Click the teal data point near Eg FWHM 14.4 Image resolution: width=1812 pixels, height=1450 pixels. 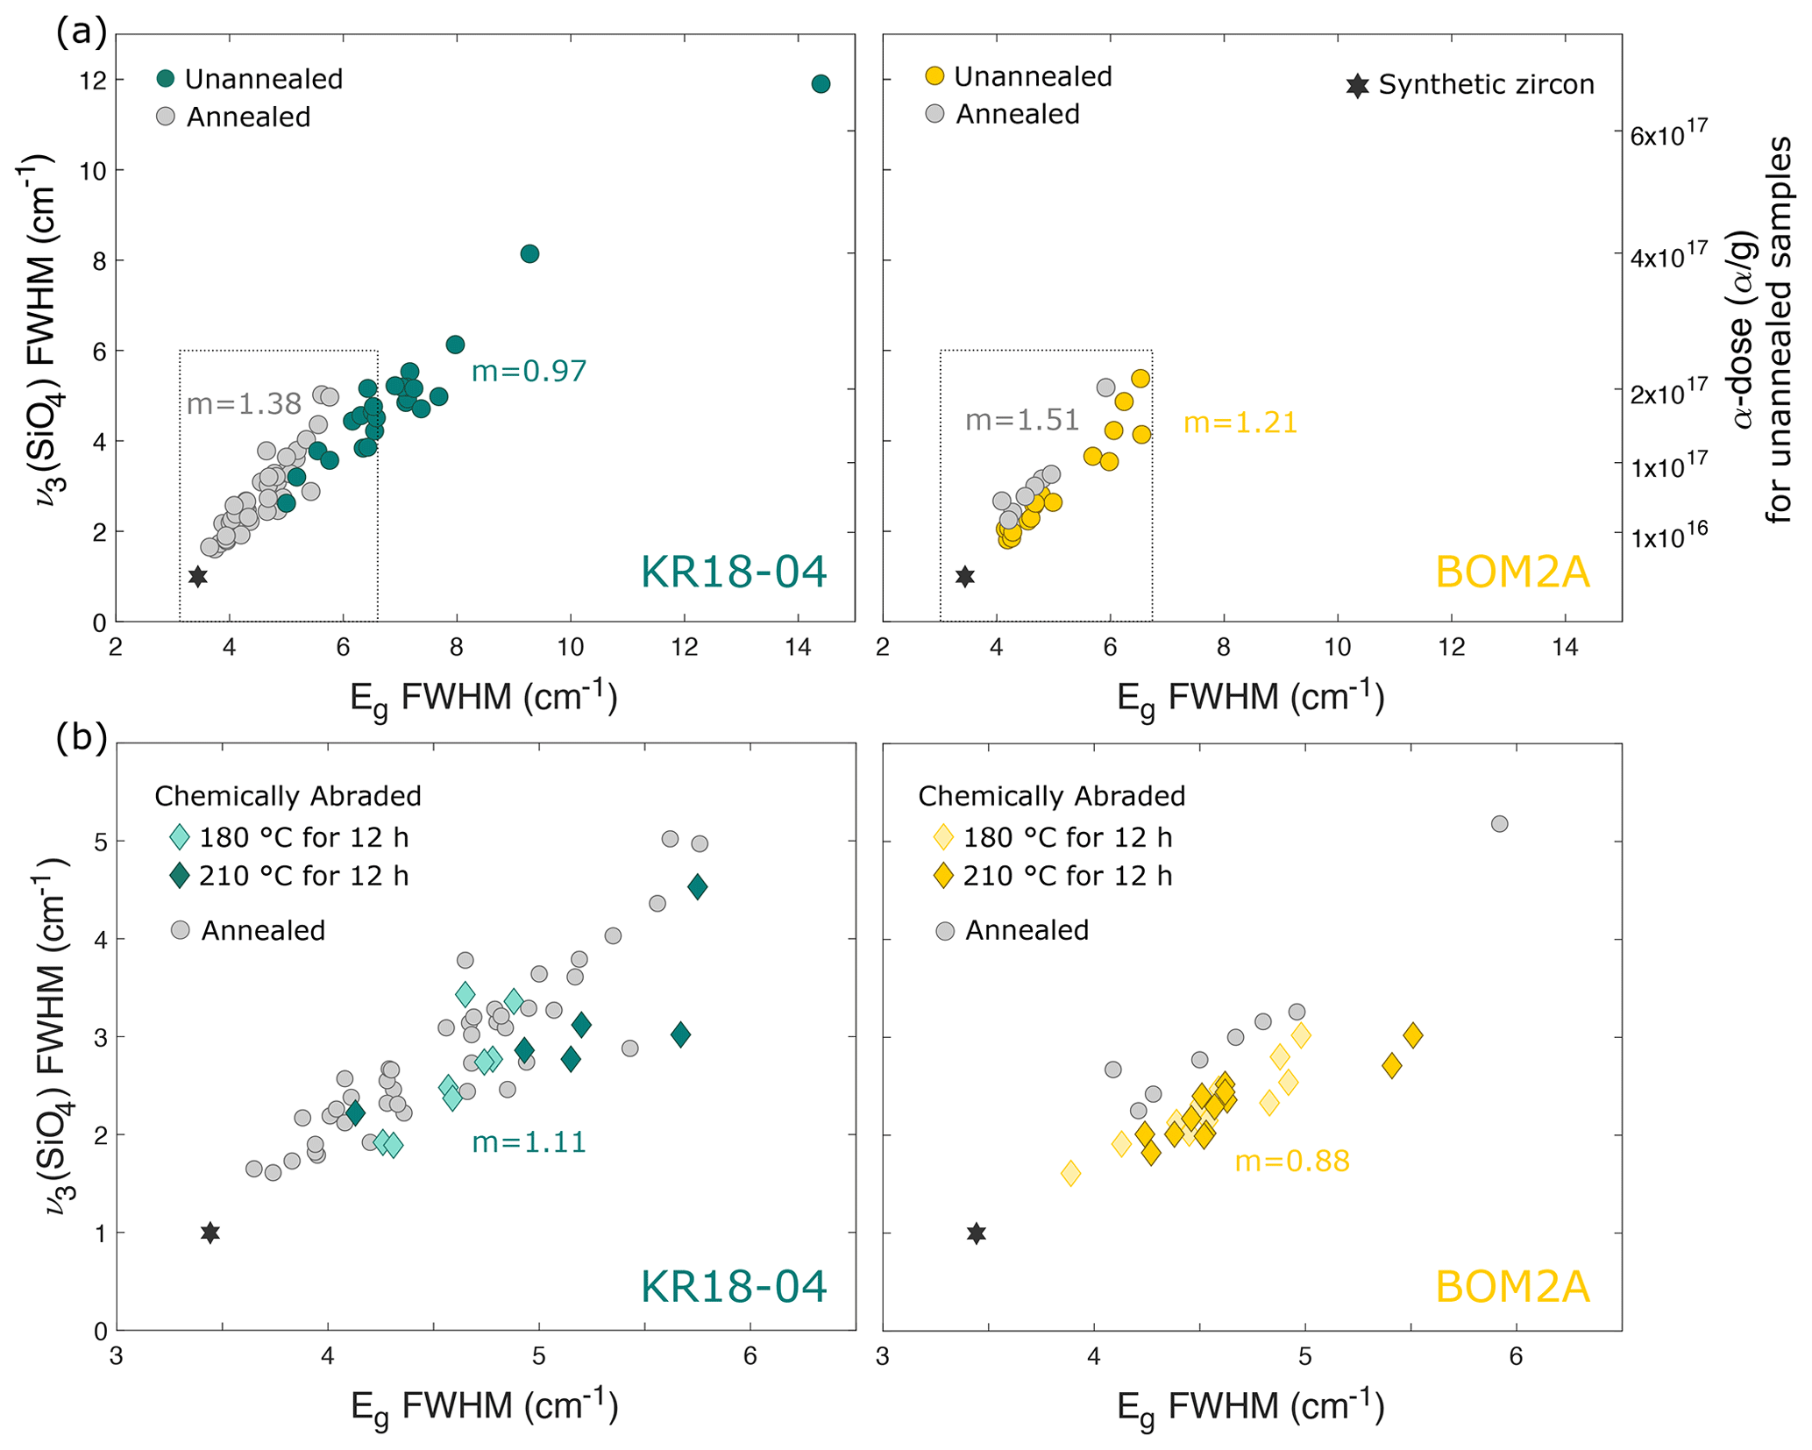tap(821, 84)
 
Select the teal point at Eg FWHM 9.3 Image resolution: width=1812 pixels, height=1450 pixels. tap(529, 254)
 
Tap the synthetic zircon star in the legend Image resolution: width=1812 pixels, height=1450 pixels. tap(1357, 86)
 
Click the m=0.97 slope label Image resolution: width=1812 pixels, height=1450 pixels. tap(529, 371)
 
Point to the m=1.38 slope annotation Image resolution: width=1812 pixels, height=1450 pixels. tap(244, 403)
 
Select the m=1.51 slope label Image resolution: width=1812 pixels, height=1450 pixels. tap(1022, 420)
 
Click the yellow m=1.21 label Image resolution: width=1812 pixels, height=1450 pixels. tap(1240, 423)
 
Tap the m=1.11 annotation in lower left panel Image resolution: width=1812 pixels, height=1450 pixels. tap(529, 1141)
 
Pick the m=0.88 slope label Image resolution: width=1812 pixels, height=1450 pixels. tap(1291, 1162)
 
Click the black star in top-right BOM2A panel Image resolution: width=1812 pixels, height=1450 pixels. tap(965, 577)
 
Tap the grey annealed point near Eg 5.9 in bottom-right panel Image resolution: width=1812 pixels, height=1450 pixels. tap(1499, 824)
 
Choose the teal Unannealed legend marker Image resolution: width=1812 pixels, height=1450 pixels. tap(165, 78)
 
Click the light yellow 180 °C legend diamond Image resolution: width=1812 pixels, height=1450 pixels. tap(943, 837)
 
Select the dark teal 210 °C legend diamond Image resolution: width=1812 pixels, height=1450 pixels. tap(180, 876)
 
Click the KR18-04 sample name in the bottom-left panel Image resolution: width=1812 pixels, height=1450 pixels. tap(734, 1286)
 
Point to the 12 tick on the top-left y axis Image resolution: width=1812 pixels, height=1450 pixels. tap(94, 81)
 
